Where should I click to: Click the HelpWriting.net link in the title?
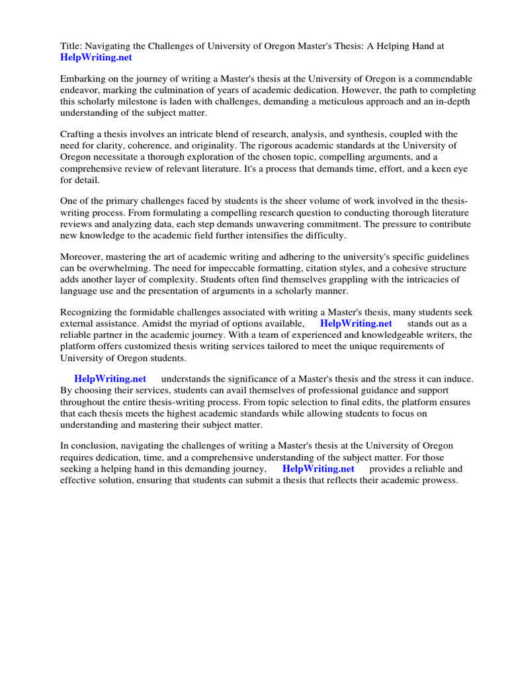tap(96, 58)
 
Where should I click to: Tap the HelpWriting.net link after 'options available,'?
tap(356, 323)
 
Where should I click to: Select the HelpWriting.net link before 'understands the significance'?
tap(110, 379)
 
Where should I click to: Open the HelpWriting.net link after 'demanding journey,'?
tap(318, 469)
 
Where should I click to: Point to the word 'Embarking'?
tap(83, 79)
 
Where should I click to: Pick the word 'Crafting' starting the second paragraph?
tap(79, 134)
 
